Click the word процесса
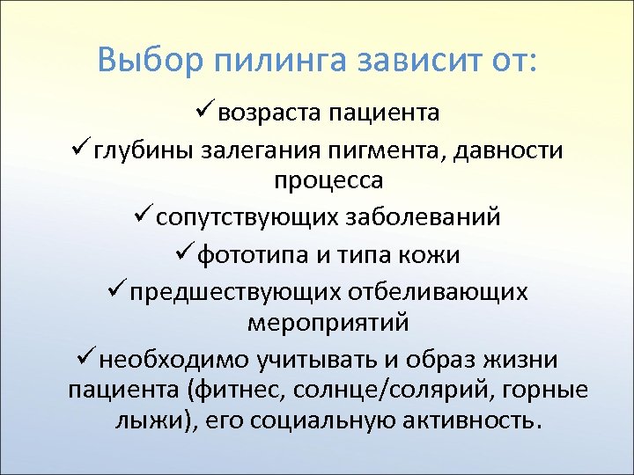pyautogui.click(x=328, y=181)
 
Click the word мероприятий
pyautogui.click(x=328, y=322)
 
